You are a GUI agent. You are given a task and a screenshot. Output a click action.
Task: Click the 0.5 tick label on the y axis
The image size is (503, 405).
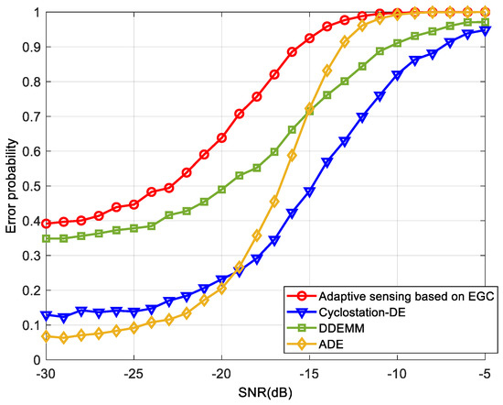click(28, 187)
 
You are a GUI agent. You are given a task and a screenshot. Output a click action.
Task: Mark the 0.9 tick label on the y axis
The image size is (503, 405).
click(28, 48)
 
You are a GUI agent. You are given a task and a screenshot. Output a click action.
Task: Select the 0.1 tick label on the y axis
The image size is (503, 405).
click(28, 326)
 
